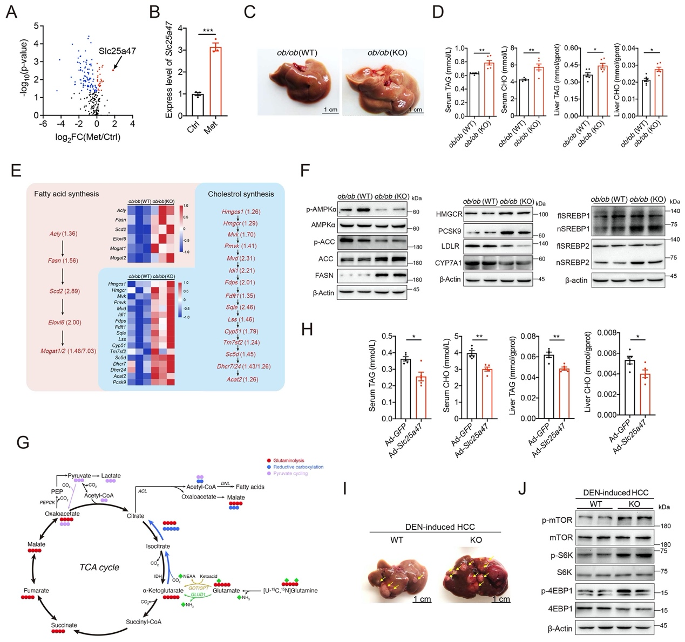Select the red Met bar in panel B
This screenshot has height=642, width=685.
(x=215, y=81)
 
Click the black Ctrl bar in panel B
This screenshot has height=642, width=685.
(x=198, y=104)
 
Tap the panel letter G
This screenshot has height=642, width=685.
(x=23, y=442)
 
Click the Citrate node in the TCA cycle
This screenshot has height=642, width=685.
(x=135, y=516)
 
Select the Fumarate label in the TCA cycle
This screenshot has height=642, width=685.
(x=36, y=591)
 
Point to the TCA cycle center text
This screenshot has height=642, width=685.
(x=99, y=567)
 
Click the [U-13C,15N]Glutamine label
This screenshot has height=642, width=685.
(x=290, y=590)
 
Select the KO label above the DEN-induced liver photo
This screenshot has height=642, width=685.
(x=476, y=539)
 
